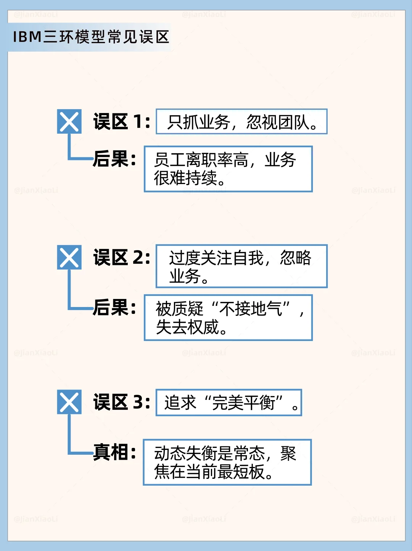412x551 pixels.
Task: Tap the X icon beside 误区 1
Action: point(69,121)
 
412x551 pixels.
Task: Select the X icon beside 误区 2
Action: point(69,257)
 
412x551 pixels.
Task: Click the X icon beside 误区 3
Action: point(69,402)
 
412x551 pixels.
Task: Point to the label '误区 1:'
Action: point(122,122)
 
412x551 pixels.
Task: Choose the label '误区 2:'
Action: point(122,257)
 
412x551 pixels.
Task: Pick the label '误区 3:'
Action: point(122,402)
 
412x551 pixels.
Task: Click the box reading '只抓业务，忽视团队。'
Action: point(241,122)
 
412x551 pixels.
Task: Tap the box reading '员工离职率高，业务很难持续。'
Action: point(228,169)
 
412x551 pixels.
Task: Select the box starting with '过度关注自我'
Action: point(241,266)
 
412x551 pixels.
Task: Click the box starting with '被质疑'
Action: point(228,317)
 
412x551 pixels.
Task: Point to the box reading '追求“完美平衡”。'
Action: point(229,402)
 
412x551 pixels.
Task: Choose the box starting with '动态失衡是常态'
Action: point(227,462)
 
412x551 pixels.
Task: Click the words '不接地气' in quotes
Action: point(251,309)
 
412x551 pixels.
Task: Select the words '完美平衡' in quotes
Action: point(244,402)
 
